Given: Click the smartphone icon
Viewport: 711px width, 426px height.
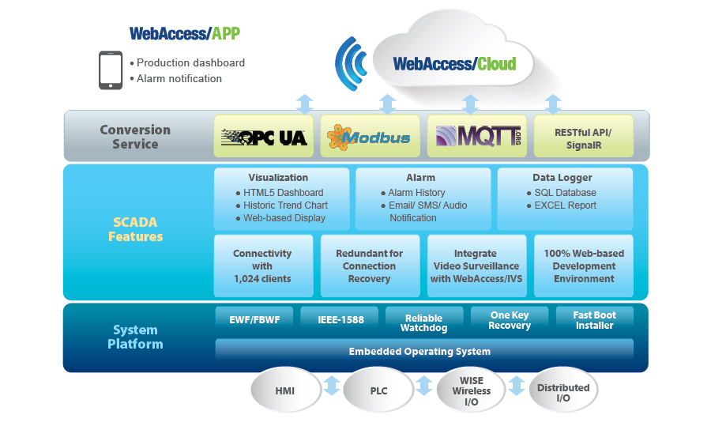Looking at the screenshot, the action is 111,70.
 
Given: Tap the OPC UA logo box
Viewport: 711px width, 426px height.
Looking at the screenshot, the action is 263,136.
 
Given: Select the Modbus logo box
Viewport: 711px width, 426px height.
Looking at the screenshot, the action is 370,136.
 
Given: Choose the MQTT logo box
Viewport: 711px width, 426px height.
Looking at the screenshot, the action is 477,136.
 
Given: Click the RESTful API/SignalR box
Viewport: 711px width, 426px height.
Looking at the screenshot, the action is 584,136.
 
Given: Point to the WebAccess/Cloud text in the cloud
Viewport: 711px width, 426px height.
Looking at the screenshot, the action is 454,64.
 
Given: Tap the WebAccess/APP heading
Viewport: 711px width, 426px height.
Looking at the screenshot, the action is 185,33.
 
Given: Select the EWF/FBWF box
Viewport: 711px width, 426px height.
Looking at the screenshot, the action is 254,320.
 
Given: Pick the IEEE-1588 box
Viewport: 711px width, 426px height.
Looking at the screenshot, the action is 340,320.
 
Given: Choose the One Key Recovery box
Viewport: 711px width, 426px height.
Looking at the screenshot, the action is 510,320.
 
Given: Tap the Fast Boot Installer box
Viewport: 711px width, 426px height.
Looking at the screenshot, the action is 594,320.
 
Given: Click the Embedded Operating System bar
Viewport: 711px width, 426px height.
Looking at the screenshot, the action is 424,351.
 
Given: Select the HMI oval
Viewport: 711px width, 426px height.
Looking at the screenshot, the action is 286,390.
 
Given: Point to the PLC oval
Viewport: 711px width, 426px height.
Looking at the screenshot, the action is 378,390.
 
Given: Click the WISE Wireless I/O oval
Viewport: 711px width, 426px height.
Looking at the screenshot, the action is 472,390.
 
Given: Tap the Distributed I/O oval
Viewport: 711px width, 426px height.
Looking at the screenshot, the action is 563,390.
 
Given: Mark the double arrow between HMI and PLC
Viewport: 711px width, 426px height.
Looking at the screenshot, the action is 332,386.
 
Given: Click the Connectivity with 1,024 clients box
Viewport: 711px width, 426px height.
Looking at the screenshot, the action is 263,266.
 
